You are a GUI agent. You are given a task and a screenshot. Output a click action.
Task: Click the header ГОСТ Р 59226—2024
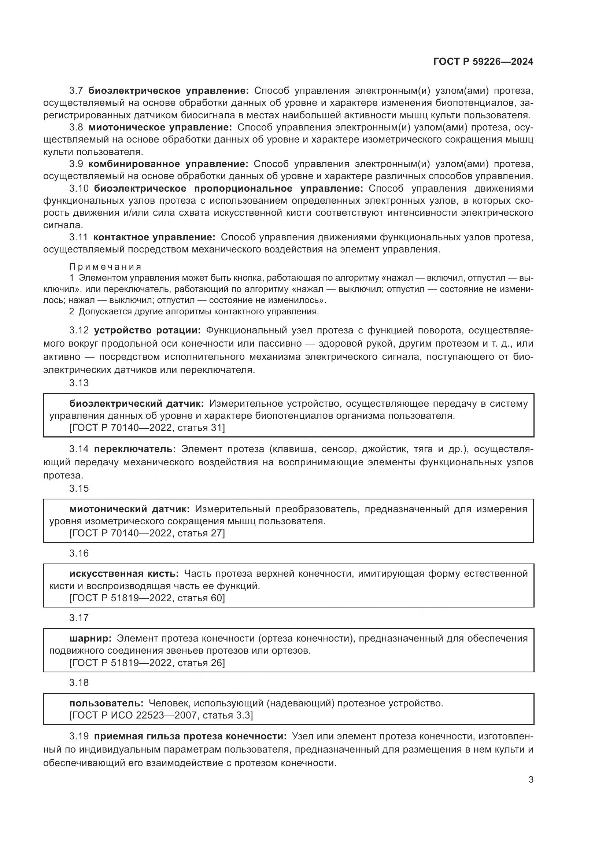click(x=483, y=62)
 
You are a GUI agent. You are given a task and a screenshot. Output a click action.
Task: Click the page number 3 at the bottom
click(x=531, y=780)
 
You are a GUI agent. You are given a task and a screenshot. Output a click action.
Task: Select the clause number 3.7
click(x=78, y=91)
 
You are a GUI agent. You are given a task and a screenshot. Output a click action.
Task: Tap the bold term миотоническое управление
click(x=160, y=127)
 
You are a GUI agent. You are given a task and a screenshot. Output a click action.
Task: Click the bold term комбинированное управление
click(x=168, y=164)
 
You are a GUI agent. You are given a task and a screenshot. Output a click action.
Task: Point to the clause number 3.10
click(x=79, y=188)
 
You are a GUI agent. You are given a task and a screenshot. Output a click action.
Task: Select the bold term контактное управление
click(x=154, y=237)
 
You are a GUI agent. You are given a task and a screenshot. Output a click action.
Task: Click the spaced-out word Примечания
click(x=105, y=266)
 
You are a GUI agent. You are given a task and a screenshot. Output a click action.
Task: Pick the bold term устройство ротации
click(x=147, y=330)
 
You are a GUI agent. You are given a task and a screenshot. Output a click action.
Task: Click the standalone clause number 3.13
click(x=79, y=383)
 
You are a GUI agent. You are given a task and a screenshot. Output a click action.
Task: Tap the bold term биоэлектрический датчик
click(x=137, y=403)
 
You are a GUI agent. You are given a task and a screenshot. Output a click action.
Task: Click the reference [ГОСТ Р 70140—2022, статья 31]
click(x=147, y=428)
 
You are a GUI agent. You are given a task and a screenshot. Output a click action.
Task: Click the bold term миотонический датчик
click(x=129, y=509)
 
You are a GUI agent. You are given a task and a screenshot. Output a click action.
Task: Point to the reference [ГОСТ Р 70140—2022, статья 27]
click(x=147, y=533)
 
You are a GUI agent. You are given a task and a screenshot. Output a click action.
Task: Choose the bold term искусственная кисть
click(x=124, y=574)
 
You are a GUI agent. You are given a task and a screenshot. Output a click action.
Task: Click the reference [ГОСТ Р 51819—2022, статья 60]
click(x=147, y=598)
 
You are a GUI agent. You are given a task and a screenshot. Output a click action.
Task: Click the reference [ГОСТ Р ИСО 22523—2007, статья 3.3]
click(x=161, y=716)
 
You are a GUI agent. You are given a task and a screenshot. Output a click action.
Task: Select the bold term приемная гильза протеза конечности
click(x=190, y=736)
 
